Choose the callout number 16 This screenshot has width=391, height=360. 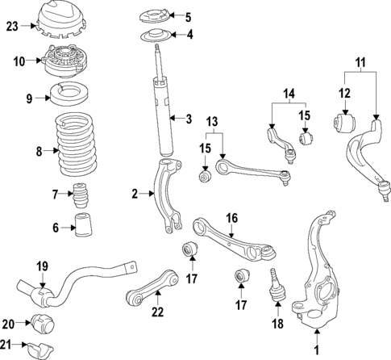point(231,217)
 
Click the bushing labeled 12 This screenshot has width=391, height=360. point(342,123)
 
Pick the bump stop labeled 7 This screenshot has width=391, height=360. point(80,195)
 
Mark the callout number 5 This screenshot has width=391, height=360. point(188,16)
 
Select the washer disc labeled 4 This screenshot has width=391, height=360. point(154,36)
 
